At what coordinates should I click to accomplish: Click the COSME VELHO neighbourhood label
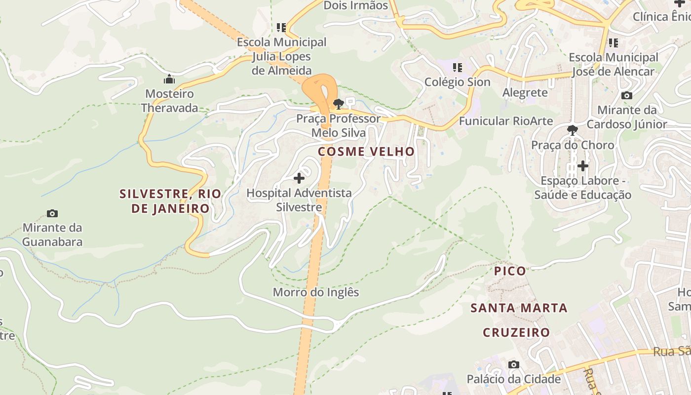[366, 152]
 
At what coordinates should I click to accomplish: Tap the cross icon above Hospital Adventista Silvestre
[299, 178]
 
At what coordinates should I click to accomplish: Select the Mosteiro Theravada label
[169, 101]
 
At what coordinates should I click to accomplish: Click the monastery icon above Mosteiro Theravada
[169, 79]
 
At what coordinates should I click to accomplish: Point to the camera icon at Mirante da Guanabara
[52, 213]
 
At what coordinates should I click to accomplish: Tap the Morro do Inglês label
[316, 292]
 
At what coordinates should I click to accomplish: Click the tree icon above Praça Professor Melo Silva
[339, 104]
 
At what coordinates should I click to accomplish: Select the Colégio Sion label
[458, 82]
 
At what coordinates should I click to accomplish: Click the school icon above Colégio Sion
[458, 67]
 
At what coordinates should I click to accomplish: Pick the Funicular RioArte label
[506, 121]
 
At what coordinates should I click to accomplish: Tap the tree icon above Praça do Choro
[573, 130]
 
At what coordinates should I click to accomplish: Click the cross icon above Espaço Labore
[583, 166]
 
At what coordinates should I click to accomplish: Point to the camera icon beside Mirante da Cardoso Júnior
[627, 95]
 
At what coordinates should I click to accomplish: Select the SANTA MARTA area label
[519, 308]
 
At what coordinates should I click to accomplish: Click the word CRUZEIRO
[516, 332]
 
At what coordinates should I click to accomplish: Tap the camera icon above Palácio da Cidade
[514, 364]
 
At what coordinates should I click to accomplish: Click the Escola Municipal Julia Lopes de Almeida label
[282, 56]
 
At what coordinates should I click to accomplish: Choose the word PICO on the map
[510, 271]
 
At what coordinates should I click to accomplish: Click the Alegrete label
[525, 92]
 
